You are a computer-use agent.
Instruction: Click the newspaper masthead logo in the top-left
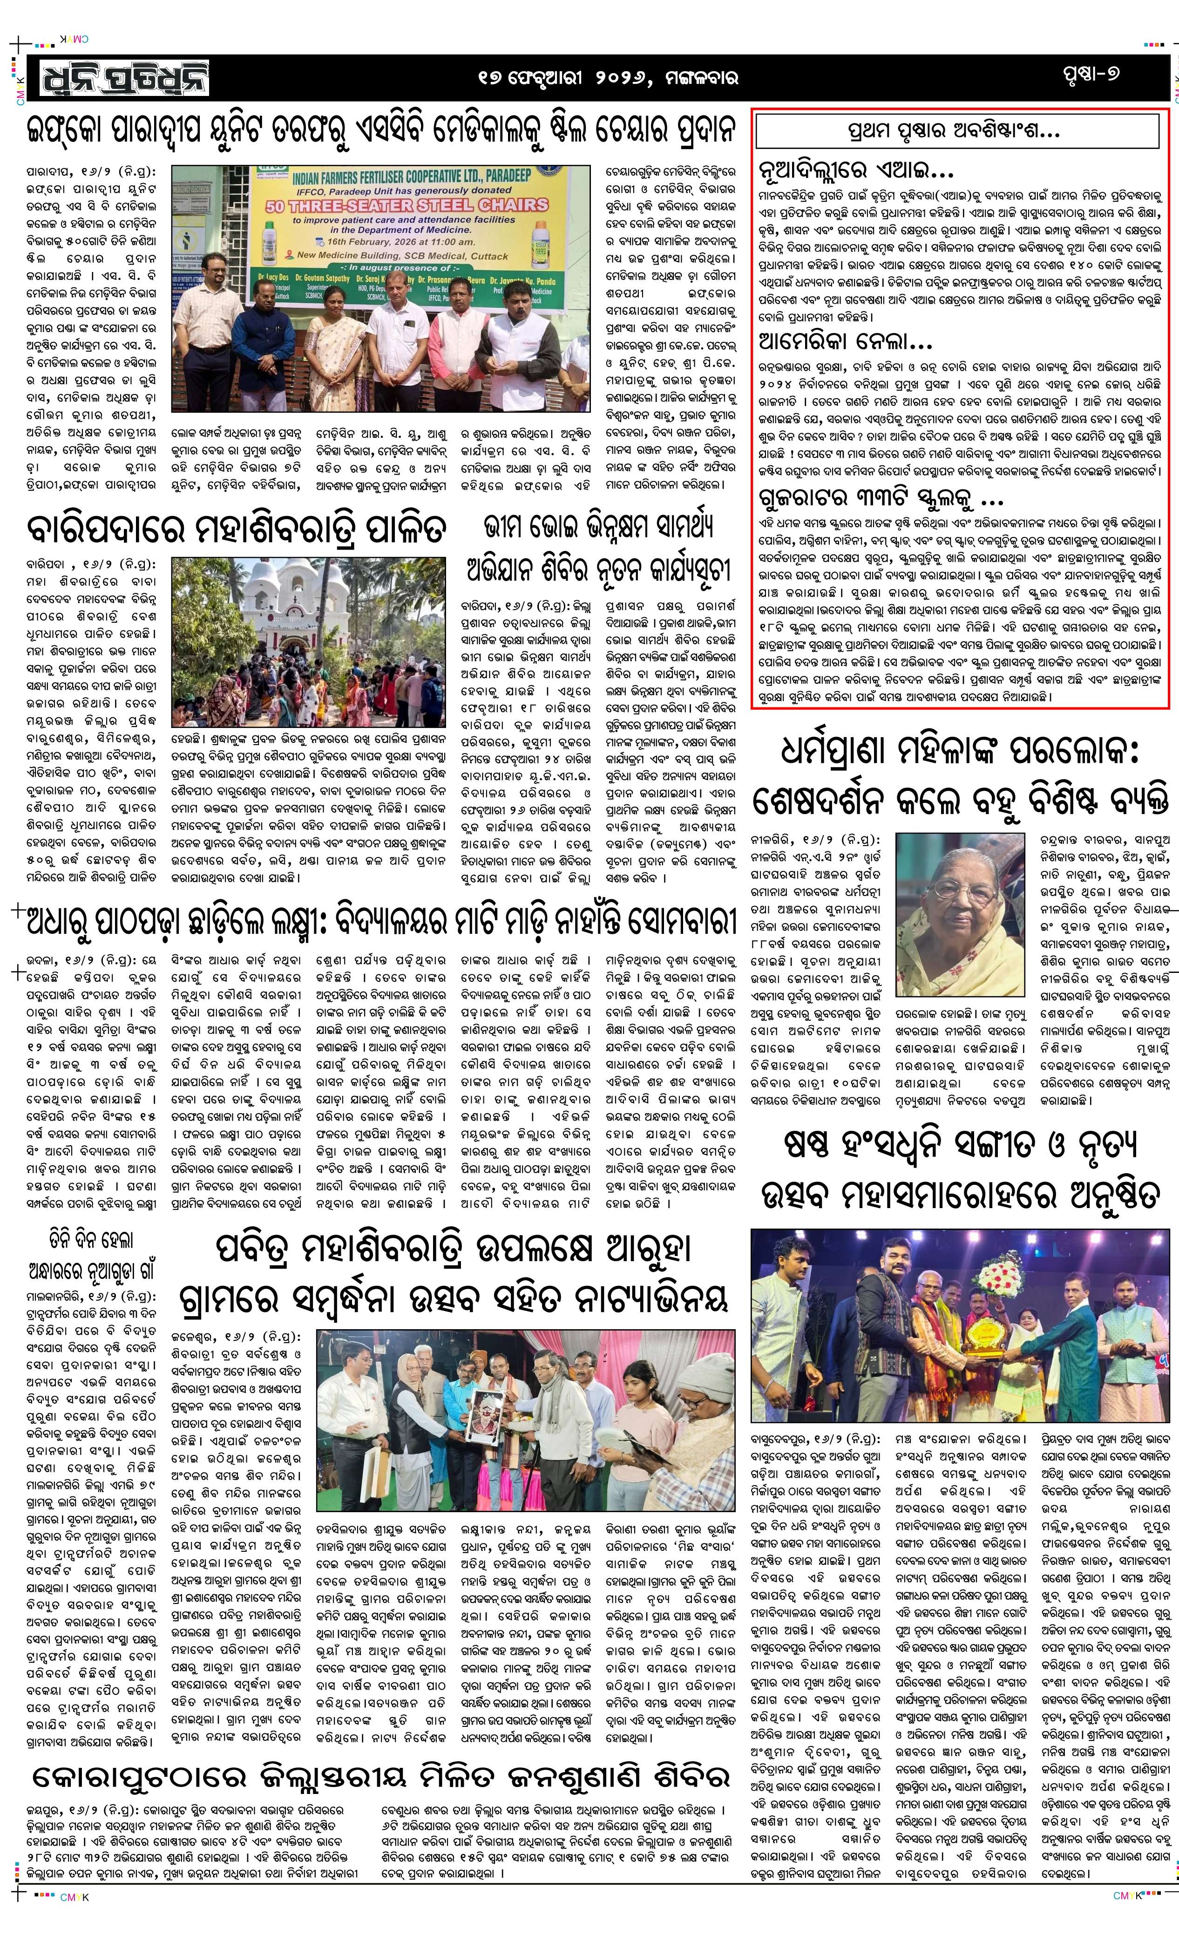(x=118, y=76)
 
